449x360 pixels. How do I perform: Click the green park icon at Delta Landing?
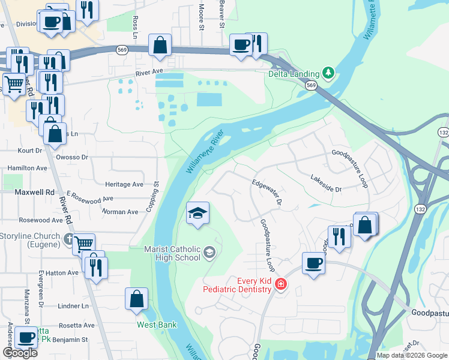(328, 74)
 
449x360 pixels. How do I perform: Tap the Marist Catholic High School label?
(172, 253)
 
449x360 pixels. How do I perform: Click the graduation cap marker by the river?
(197, 214)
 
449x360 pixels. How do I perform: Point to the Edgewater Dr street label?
(267, 193)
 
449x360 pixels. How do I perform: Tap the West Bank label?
(157, 325)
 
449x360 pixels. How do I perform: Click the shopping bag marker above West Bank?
(136, 299)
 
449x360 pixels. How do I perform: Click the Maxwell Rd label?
(34, 192)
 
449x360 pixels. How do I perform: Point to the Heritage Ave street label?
(124, 184)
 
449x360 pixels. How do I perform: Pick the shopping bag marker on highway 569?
(160, 46)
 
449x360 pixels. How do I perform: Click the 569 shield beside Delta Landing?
(310, 86)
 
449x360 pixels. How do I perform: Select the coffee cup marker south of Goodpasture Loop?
(314, 263)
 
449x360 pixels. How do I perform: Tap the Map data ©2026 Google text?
(412, 355)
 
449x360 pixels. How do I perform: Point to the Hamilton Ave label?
(27, 169)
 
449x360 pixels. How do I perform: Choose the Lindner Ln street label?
(73, 306)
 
